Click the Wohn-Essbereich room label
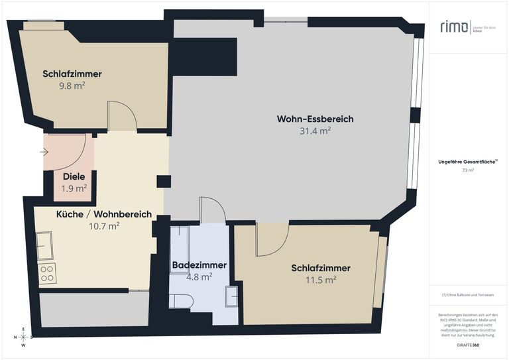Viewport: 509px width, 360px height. point(315,119)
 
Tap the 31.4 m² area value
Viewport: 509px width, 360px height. point(315,131)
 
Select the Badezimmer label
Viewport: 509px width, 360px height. point(199,265)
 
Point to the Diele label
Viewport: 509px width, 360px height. point(74,177)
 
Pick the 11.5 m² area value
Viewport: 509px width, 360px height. point(321,280)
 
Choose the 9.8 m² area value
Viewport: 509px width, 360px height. point(72,86)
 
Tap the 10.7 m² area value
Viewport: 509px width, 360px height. point(104,226)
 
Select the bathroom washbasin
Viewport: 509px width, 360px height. point(231,296)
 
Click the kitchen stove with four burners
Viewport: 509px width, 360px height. point(47,273)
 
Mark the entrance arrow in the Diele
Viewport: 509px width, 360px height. point(44,152)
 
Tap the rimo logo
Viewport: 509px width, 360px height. point(455,27)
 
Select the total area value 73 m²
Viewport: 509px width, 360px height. point(468,170)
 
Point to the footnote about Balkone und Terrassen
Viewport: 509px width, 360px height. point(468,294)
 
